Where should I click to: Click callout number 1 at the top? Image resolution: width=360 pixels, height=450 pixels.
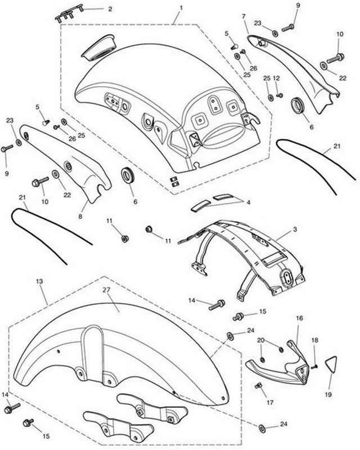(x=181, y=8)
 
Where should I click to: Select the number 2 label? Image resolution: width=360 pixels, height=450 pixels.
(x=110, y=9)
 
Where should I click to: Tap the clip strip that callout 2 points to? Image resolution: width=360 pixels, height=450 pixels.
(x=69, y=14)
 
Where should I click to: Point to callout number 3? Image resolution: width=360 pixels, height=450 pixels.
(x=295, y=229)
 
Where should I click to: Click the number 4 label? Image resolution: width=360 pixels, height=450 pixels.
(x=248, y=202)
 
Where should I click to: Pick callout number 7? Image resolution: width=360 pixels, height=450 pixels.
(x=244, y=16)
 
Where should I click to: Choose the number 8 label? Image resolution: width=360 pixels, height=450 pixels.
(x=80, y=216)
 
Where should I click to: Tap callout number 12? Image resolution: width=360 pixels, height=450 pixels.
(x=276, y=78)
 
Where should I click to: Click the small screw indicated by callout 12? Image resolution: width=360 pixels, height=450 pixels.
(x=280, y=95)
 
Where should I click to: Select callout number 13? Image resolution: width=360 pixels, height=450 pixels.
(x=39, y=282)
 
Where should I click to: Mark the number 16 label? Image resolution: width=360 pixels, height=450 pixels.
(x=299, y=318)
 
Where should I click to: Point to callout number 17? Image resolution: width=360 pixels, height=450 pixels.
(x=270, y=403)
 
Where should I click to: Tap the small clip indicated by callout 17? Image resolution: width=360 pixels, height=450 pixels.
(x=259, y=386)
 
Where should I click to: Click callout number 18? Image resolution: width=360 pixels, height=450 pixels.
(x=315, y=340)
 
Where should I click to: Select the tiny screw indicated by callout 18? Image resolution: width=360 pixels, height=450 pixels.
(x=314, y=367)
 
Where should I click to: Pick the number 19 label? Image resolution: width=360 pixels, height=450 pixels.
(x=328, y=395)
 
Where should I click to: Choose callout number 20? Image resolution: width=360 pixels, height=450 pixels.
(x=260, y=340)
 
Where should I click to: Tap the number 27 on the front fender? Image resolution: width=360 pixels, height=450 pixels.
(x=106, y=290)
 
